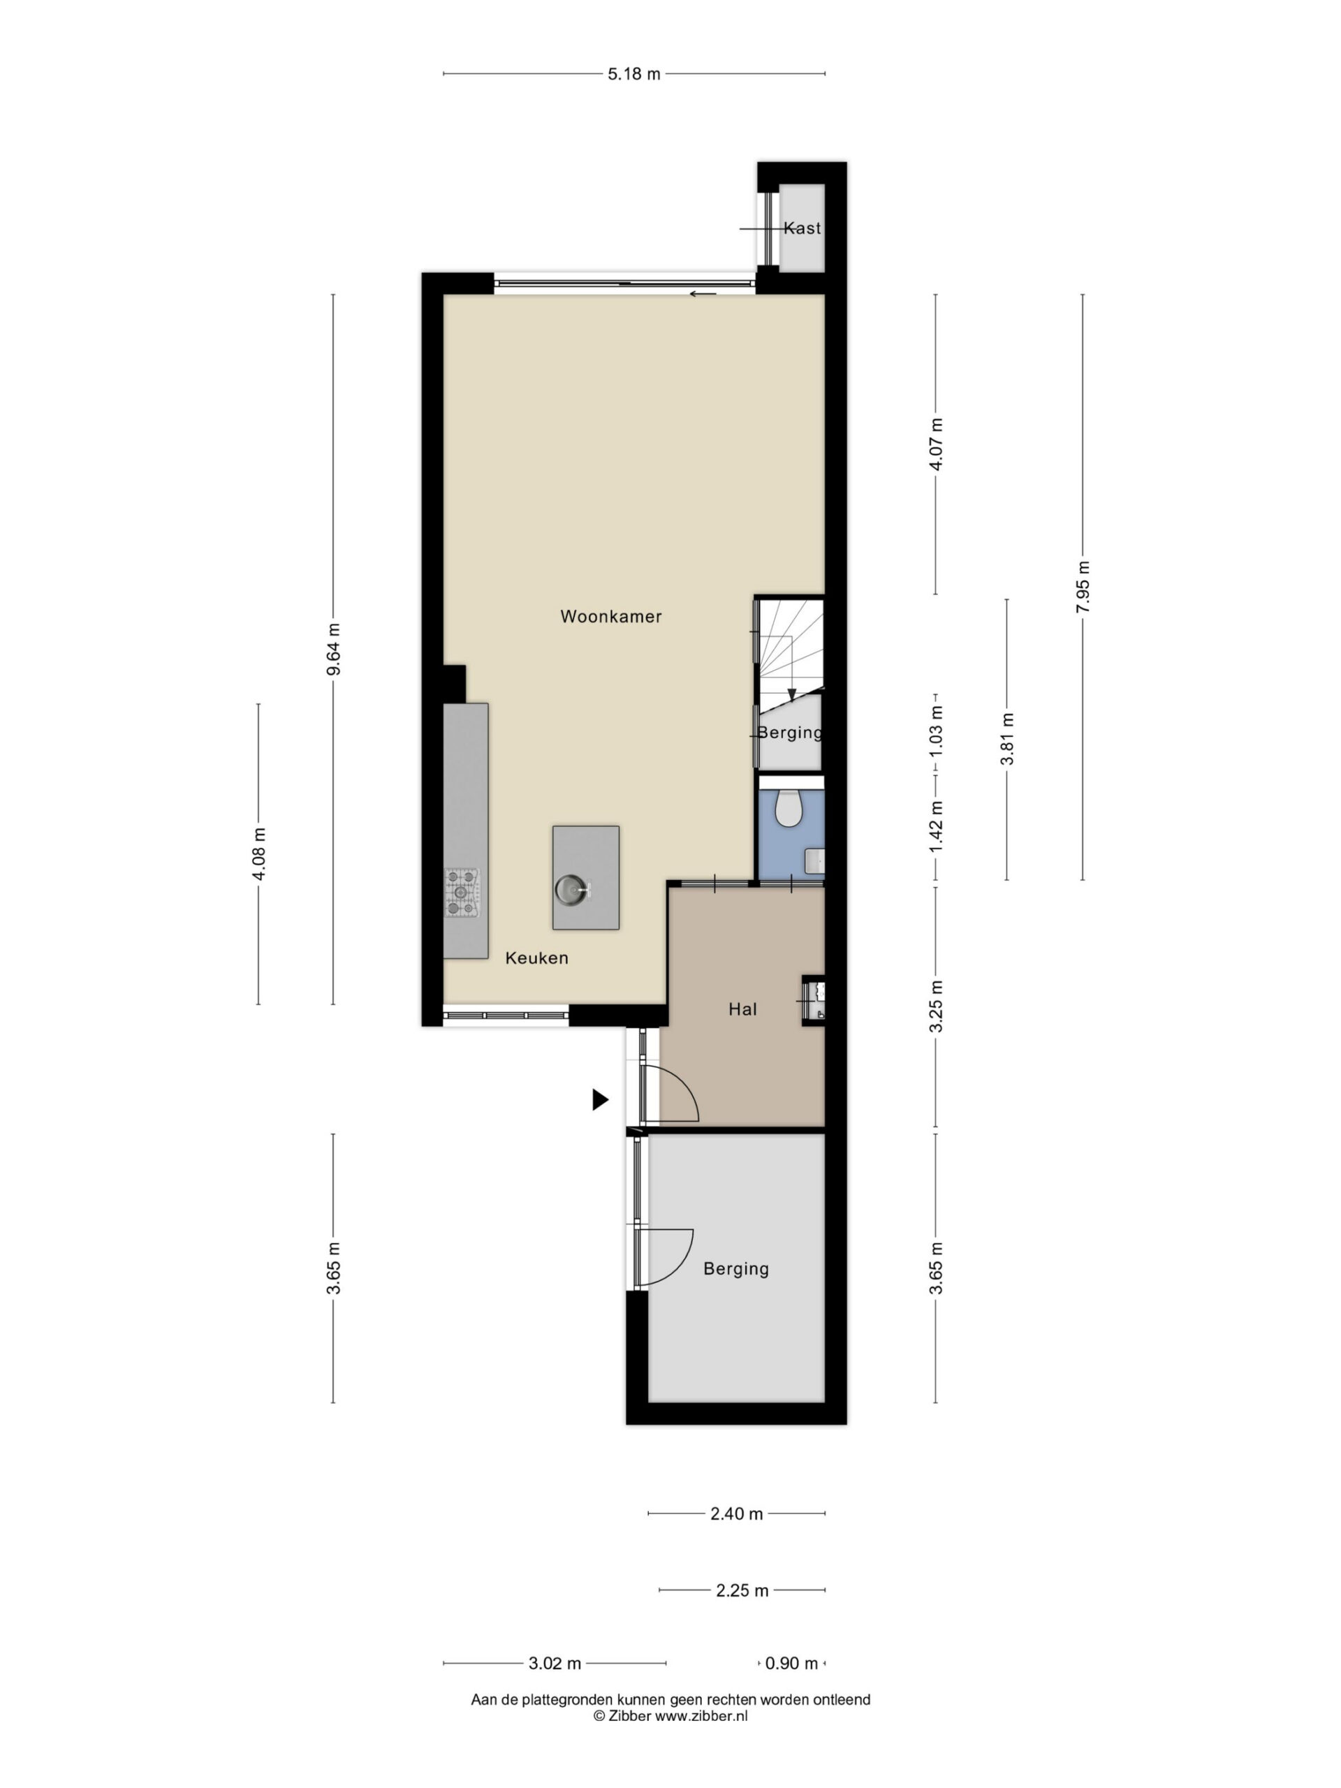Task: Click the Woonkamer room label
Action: (x=610, y=617)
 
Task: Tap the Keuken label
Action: (x=536, y=958)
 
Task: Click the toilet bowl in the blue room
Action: (x=787, y=807)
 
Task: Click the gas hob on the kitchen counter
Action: (x=462, y=893)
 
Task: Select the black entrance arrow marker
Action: (x=600, y=1099)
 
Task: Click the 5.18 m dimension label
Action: (x=633, y=74)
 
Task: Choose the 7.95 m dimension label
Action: (x=1083, y=587)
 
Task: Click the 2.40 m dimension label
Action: (x=736, y=1514)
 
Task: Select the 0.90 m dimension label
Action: (x=791, y=1664)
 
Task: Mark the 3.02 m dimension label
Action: (x=555, y=1664)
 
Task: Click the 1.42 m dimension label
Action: (x=936, y=826)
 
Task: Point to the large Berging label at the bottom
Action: (x=735, y=1268)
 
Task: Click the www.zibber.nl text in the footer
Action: (x=701, y=1716)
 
